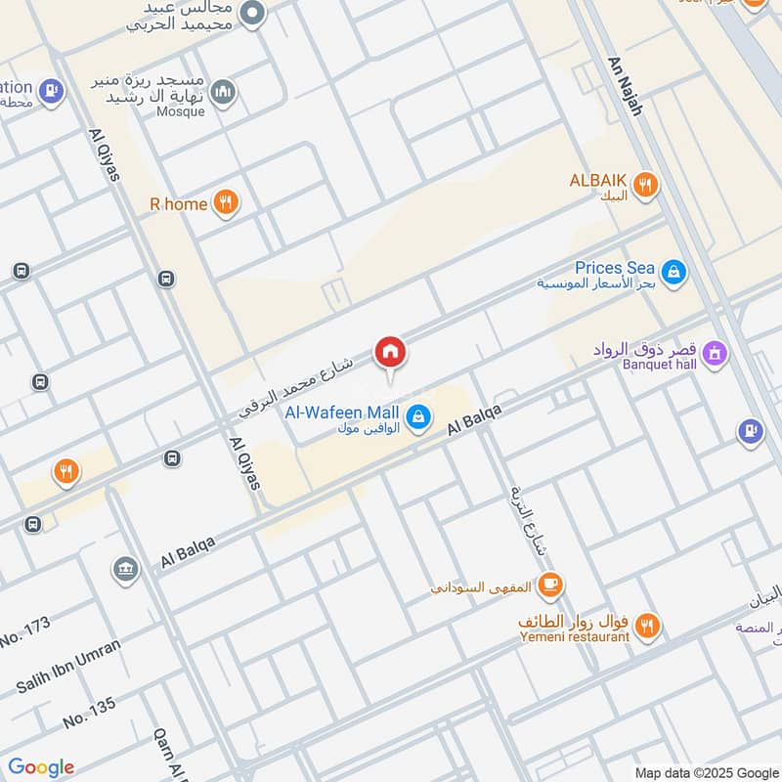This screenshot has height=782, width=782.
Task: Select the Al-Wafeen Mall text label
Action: [342, 413]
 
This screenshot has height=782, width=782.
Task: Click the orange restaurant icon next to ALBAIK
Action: [645, 184]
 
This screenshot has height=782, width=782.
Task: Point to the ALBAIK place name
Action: [597, 181]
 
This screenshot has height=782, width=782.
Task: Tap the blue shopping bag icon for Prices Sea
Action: [673, 273]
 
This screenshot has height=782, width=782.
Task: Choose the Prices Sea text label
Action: [614, 268]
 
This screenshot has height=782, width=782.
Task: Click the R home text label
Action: [178, 204]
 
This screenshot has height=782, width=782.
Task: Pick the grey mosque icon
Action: [224, 92]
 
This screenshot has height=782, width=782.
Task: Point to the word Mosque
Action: [180, 111]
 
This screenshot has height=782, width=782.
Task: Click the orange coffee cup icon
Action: [551, 586]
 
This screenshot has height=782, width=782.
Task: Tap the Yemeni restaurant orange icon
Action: [646, 625]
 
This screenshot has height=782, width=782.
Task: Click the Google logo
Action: [40, 767]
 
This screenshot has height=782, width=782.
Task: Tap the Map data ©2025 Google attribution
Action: [705, 771]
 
